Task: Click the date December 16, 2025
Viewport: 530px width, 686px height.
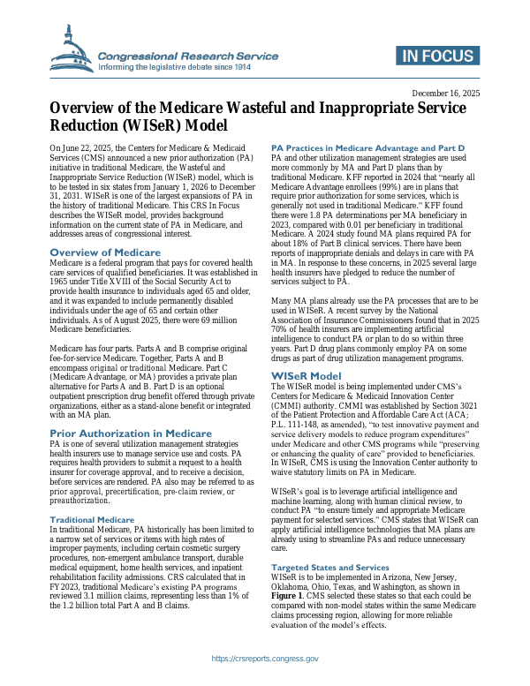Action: [x=447, y=93]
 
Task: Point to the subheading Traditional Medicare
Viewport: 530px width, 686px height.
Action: [x=92, y=520]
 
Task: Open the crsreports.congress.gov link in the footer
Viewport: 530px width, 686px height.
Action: [x=265, y=660]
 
